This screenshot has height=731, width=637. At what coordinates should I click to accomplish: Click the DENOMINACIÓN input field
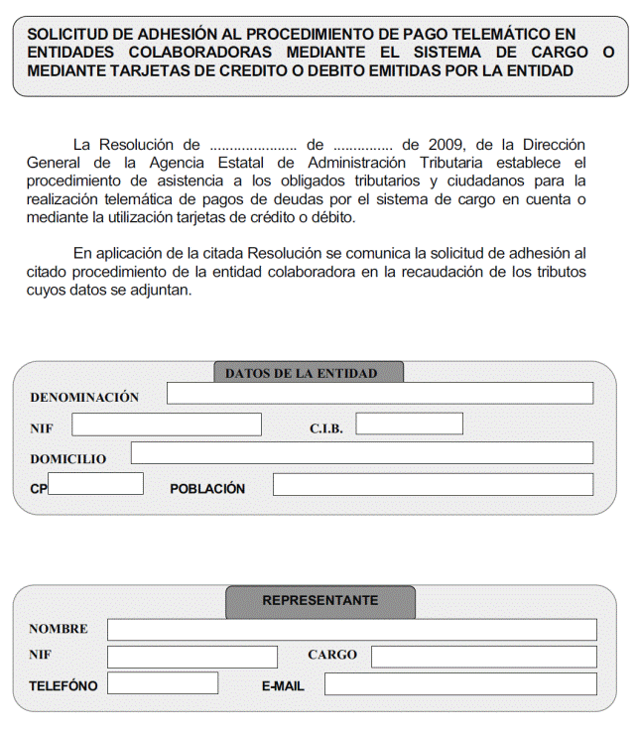tap(379, 394)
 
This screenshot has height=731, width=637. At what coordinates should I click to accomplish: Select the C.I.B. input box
tap(409, 425)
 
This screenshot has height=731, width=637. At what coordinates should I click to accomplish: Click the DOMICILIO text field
tap(361, 453)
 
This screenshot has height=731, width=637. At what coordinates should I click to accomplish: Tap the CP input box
tap(95, 484)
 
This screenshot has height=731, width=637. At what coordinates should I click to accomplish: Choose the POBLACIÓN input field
tap(433, 485)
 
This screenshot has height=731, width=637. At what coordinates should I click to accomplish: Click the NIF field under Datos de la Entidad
tap(166, 425)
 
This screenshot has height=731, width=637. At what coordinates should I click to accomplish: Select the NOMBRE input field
tap(351, 630)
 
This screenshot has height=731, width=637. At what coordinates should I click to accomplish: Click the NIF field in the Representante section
tap(191, 657)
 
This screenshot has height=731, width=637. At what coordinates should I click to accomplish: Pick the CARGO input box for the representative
tap(483, 657)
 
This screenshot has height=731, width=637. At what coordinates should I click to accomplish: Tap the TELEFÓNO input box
tap(162, 683)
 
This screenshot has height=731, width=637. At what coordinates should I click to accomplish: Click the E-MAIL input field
tap(459, 684)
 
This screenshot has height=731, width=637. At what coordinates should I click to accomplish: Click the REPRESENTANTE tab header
tap(319, 601)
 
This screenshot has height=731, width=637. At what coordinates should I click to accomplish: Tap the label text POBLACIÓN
tap(207, 489)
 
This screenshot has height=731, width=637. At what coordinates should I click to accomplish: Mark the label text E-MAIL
tap(283, 686)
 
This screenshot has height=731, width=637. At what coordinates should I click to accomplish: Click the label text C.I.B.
tap(325, 428)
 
